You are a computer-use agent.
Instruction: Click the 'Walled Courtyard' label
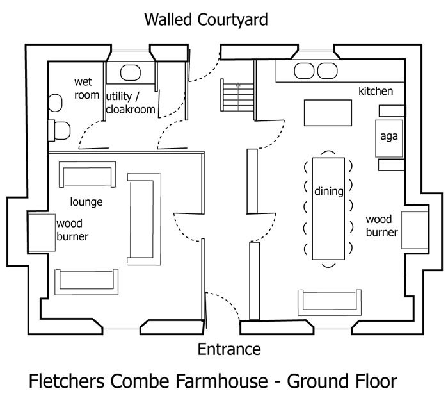[205, 19]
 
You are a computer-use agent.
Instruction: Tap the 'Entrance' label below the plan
[228, 349]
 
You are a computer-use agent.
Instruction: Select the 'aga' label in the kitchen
[389, 136]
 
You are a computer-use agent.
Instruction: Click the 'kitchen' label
[376, 91]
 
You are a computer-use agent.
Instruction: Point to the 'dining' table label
[329, 191]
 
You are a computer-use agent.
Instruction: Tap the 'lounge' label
[86, 202]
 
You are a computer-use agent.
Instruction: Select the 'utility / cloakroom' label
[131, 103]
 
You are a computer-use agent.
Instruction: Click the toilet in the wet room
[60, 131]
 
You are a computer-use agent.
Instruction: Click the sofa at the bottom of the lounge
[87, 281]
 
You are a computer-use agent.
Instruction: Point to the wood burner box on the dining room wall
[413, 230]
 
